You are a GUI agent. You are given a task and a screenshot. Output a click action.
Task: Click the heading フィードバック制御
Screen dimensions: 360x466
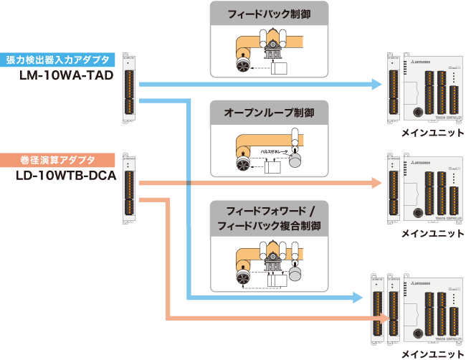coord(270,13)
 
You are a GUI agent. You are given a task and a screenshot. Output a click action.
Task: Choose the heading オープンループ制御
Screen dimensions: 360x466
coord(270,113)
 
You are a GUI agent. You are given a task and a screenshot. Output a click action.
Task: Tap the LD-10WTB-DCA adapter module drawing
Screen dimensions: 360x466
coord(129,184)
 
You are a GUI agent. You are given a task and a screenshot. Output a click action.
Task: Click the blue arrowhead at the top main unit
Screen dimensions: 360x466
coord(377,84)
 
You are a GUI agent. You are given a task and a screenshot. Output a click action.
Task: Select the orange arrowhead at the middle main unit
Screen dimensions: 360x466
coord(377,184)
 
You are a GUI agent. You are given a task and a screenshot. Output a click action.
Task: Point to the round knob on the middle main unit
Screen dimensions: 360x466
coord(417,212)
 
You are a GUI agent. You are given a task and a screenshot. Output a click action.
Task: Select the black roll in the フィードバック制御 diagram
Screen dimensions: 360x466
coord(242,67)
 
